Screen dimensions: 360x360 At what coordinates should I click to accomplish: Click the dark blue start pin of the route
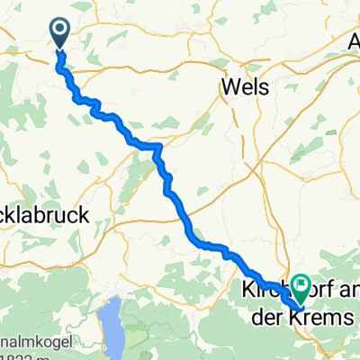pos(60,33)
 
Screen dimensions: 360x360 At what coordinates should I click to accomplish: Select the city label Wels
pos(245,86)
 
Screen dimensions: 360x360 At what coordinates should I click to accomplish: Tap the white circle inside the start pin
pos(60,31)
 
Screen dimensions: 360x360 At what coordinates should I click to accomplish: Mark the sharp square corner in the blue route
pos(160,145)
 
